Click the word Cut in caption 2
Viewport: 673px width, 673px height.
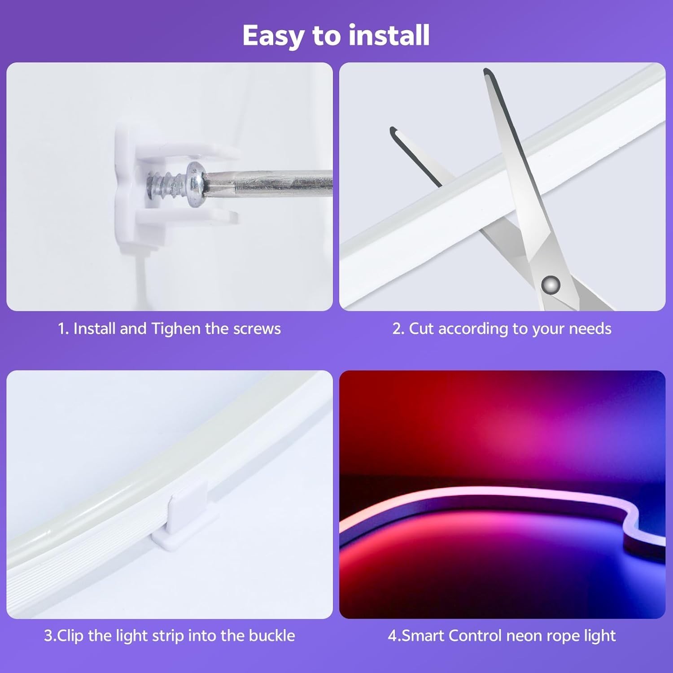point(421,329)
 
